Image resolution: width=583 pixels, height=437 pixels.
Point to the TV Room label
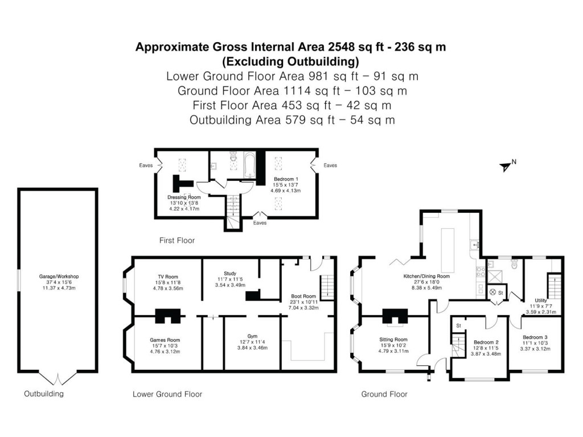tap(166, 276)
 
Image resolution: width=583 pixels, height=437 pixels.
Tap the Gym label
tap(253, 336)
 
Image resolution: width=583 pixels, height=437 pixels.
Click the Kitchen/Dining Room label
tap(426, 277)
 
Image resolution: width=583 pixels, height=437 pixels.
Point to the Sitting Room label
tap(393, 339)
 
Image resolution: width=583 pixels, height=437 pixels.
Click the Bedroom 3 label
tap(535, 337)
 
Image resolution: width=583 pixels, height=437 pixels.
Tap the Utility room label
tap(541, 300)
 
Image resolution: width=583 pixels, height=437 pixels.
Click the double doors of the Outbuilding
tap(59, 378)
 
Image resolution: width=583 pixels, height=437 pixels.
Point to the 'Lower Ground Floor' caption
tap(167, 394)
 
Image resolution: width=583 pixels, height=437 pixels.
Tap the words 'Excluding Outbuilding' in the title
tap(290, 61)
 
